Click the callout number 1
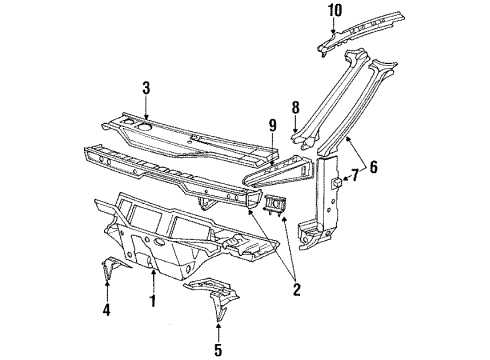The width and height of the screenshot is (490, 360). pyautogui.click(x=153, y=301)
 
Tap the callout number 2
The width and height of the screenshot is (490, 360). pyautogui.click(x=297, y=289)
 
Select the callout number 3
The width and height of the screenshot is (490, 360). pyautogui.click(x=146, y=88)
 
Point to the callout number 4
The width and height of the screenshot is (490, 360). pyautogui.click(x=106, y=310)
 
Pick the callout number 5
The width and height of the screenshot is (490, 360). pyautogui.click(x=218, y=350)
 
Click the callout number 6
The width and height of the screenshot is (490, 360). pyautogui.click(x=374, y=167)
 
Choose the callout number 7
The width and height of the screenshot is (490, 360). pyautogui.click(x=355, y=175)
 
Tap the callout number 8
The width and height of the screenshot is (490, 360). pyautogui.click(x=295, y=108)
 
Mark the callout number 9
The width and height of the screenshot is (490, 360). pyautogui.click(x=272, y=125)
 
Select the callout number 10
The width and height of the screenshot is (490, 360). pyautogui.click(x=335, y=10)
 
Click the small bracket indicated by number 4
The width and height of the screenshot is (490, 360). pyautogui.click(x=112, y=267)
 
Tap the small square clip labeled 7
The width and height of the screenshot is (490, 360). pyautogui.click(x=336, y=182)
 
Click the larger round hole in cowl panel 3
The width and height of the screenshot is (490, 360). pyautogui.click(x=144, y=126)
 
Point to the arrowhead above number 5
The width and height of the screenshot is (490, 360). pyautogui.click(x=218, y=325)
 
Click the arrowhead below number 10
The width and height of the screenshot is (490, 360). pyautogui.click(x=334, y=31)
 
